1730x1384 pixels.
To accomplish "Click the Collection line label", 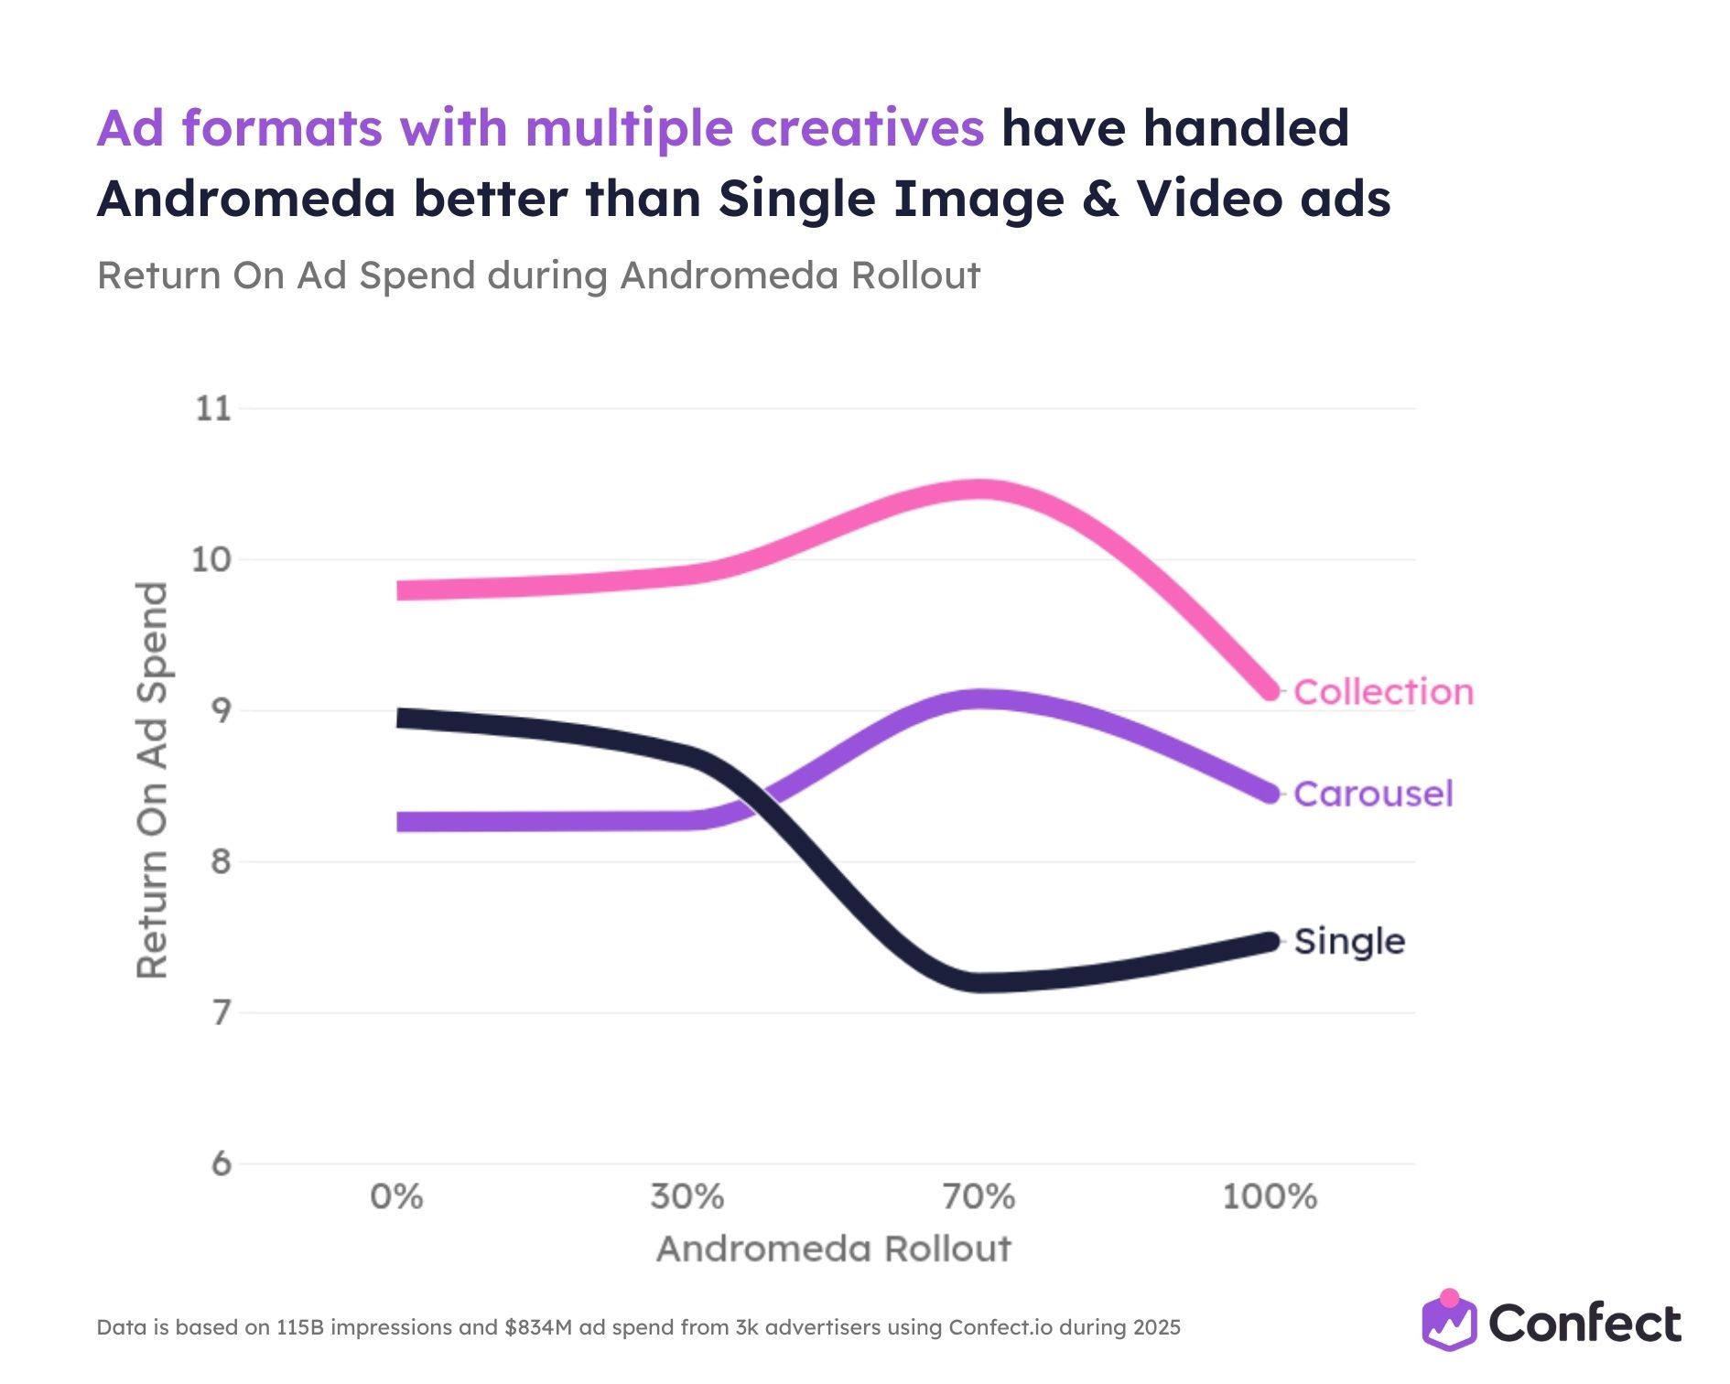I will coord(1383,692).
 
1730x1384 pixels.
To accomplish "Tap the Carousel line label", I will coord(1373,794).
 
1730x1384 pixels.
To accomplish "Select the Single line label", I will coord(1349,942).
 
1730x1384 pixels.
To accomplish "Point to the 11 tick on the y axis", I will coord(213,409).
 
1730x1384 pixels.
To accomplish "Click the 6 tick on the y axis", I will coord(222,1164).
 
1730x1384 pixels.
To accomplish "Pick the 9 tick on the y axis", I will coord(222,711).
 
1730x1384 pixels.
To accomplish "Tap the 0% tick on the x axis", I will coord(396,1197).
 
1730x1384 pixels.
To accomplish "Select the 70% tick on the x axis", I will coord(979,1197).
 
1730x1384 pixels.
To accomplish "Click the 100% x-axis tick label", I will coord(1270,1197).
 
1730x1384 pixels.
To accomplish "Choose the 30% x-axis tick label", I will coord(687,1197).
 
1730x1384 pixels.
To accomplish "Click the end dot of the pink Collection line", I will coord(1270,690).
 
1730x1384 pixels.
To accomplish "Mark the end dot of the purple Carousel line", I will coord(1270,794).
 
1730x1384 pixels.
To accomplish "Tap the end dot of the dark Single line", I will coord(1270,942).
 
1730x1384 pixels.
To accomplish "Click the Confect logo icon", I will coord(1449,1322).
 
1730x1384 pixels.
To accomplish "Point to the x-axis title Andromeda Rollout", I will coord(834,1249).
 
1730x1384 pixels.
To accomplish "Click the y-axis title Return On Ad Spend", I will coord(153,780).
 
